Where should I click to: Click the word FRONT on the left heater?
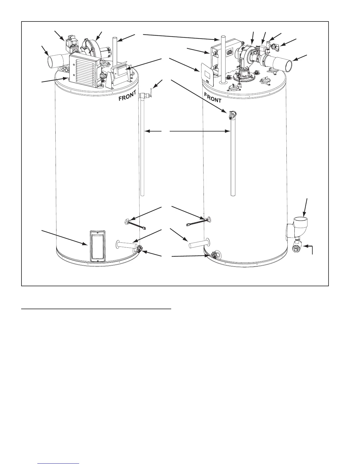[127, 96]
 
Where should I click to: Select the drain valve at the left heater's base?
[139, 250]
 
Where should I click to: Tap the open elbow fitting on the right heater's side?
[299, 222]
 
